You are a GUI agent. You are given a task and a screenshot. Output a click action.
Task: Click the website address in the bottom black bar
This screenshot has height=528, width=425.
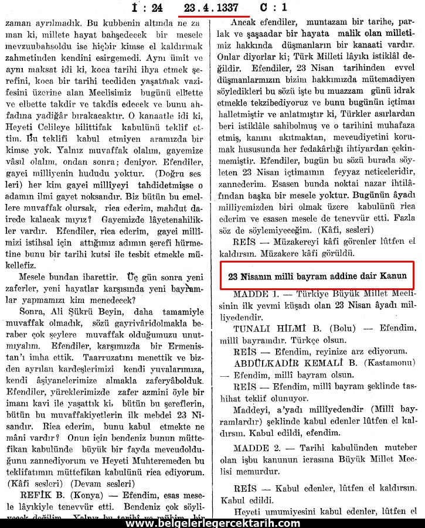[213, 523]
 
